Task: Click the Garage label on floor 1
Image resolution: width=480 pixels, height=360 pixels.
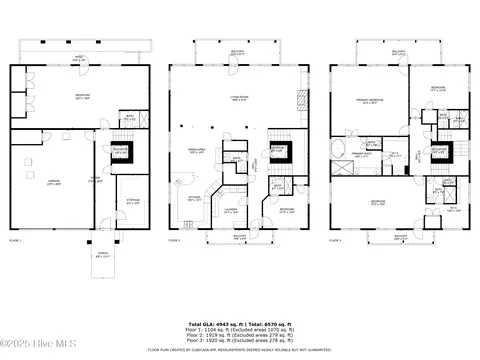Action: pos(55,183)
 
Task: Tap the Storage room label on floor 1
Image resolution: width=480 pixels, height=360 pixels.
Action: pos(132,203)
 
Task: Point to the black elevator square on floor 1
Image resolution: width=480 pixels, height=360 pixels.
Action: pos(121,152)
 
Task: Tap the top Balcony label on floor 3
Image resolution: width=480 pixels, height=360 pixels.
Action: pos(398,51)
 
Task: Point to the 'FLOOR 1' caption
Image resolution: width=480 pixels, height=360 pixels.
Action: pos(15,241)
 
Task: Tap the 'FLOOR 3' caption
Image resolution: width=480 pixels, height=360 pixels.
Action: pos(336,241)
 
